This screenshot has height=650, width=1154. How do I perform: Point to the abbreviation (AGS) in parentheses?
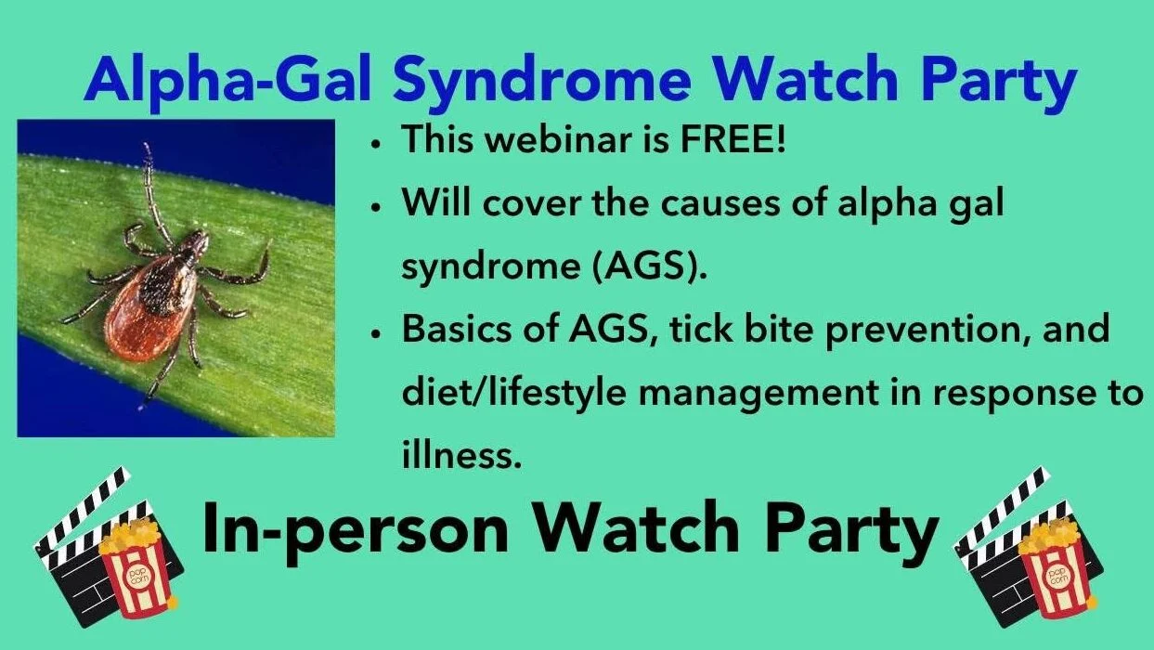click(x=649, y=266)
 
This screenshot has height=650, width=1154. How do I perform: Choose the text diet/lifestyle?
click(x=513, y=393)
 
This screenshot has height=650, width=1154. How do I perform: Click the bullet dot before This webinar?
click(x=377, y=145)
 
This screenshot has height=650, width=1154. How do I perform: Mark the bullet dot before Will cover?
click(x=377, y=209)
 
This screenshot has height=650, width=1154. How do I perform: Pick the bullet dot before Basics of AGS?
click(x=377, y=335)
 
